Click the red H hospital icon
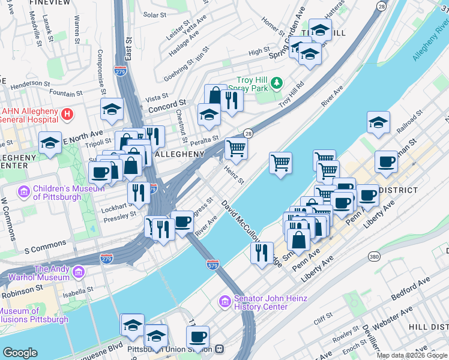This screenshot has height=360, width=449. coord(68,113)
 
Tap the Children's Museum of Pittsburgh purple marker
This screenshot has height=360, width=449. coord(25,192)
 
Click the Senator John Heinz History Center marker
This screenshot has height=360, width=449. coord(224,301)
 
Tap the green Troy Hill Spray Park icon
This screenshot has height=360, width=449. coord(276,82)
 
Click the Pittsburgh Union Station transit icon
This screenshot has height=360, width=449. coord(220,348)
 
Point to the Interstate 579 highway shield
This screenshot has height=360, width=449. coord(212,263)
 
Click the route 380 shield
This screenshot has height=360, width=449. coord(375,257)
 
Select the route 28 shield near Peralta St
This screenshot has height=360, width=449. coord(247,133)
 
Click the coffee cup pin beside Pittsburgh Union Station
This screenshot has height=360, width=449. coord(197,337)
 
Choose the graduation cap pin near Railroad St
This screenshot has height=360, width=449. coord(378,122)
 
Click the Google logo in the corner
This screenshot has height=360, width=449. coord(20,352)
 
